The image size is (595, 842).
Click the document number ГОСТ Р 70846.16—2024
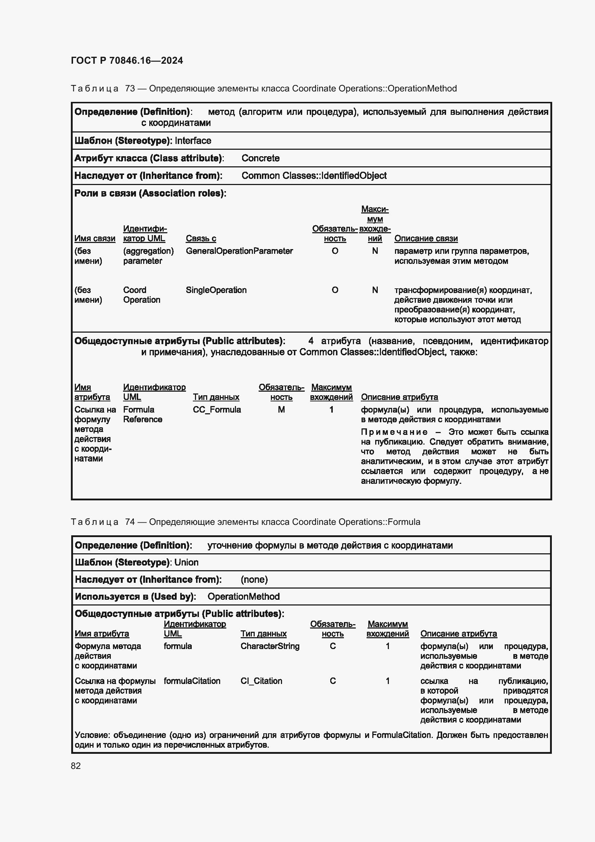[x=127, y=60]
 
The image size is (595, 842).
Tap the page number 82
[x=76, y=766]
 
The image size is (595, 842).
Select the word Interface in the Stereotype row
[x=193, y=141]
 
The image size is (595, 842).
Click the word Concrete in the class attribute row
[x=260, y=158]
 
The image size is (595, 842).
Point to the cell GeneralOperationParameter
[x=239, y=251]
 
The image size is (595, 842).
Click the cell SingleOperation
[x=216, y=290]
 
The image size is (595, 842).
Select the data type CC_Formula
[x=217, y=410]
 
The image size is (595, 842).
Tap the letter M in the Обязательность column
[x=281, y=410]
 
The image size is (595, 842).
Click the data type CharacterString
[x=270, y=646]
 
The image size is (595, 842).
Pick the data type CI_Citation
[x=261, y=681]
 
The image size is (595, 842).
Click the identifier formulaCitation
[x=192, y=681]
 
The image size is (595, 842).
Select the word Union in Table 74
[x=186, y=563]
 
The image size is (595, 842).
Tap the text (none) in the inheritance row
[x=254, y=580]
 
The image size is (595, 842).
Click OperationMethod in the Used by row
[x=244, y=596]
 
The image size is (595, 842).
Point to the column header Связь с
[x=201, y=239]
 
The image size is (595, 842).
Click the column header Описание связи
[x=426, y=239]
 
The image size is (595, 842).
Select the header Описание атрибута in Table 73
[x=399, y=397]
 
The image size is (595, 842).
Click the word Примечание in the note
[x=394, y=432]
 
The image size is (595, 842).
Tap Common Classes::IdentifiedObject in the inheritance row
[x=314, y=176]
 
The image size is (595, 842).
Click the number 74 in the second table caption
[x=130, y=522]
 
